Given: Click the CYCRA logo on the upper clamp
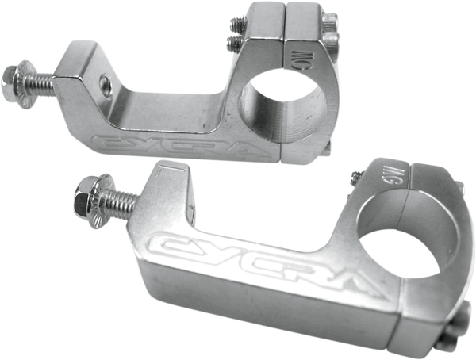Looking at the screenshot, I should [159, 144].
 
